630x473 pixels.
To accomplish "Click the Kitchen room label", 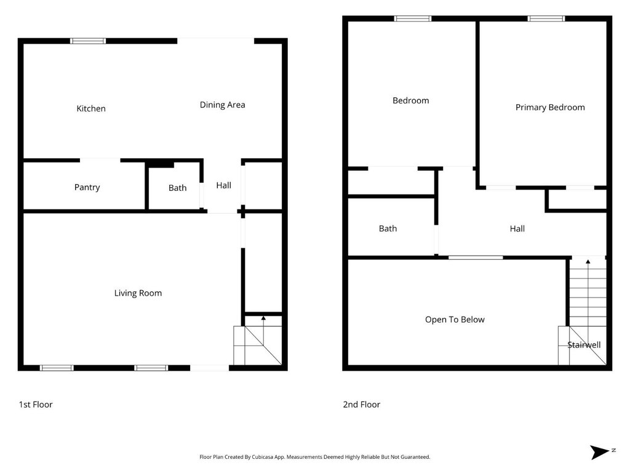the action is point(91,108).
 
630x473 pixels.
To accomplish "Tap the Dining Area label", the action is point(222,105).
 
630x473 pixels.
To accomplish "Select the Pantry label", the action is point(87,187).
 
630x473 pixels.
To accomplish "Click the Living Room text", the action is point(138,293).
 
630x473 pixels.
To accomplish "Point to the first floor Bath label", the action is point(177,188).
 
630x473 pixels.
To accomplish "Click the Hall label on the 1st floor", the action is point(223,185).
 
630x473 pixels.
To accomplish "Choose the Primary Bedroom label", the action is point(550,107).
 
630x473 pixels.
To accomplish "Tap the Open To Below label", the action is point(455,320).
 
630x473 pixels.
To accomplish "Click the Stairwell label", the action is point(584,345).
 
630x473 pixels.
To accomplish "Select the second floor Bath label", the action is point(388,228).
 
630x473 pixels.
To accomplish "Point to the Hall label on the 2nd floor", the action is point(517,229).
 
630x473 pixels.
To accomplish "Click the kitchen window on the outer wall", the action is point(88,41).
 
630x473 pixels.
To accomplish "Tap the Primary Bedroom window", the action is point(546,18).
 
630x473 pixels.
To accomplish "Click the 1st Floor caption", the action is point(36,405).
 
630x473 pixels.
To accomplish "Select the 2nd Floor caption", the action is point(362,405).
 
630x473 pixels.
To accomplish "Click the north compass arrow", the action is point(599,452).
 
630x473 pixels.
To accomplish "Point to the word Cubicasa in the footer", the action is point(263,457).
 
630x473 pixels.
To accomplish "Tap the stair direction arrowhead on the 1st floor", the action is point(263,318).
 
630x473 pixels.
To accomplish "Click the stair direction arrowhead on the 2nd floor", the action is point(588,262).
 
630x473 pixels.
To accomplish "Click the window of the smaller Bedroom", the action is point(413,18).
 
